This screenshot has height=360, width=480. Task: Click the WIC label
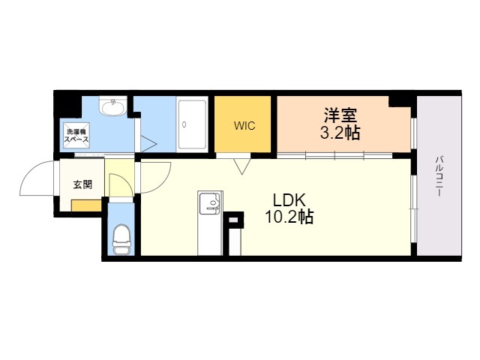pos(244,126)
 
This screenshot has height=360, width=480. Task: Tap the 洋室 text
pos(340,115)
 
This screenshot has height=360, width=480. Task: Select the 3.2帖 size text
pos(340,133)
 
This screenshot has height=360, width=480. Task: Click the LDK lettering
pos(289,200)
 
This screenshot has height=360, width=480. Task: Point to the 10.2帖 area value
pos(289,217)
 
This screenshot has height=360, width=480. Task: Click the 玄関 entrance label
pos(82,184)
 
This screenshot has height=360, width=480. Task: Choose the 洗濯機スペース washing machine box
pos(76,136)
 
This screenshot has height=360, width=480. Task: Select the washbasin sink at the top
pos(113,106)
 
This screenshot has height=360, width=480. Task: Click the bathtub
pos(192,124)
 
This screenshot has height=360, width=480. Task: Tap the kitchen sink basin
pos(210,202)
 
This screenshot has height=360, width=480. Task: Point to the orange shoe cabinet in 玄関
pos(86,205)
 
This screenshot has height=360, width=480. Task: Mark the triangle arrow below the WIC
pos(241,166)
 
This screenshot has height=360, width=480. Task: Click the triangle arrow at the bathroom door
pos(148,143)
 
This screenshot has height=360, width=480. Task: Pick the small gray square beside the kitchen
pos(233,220)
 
